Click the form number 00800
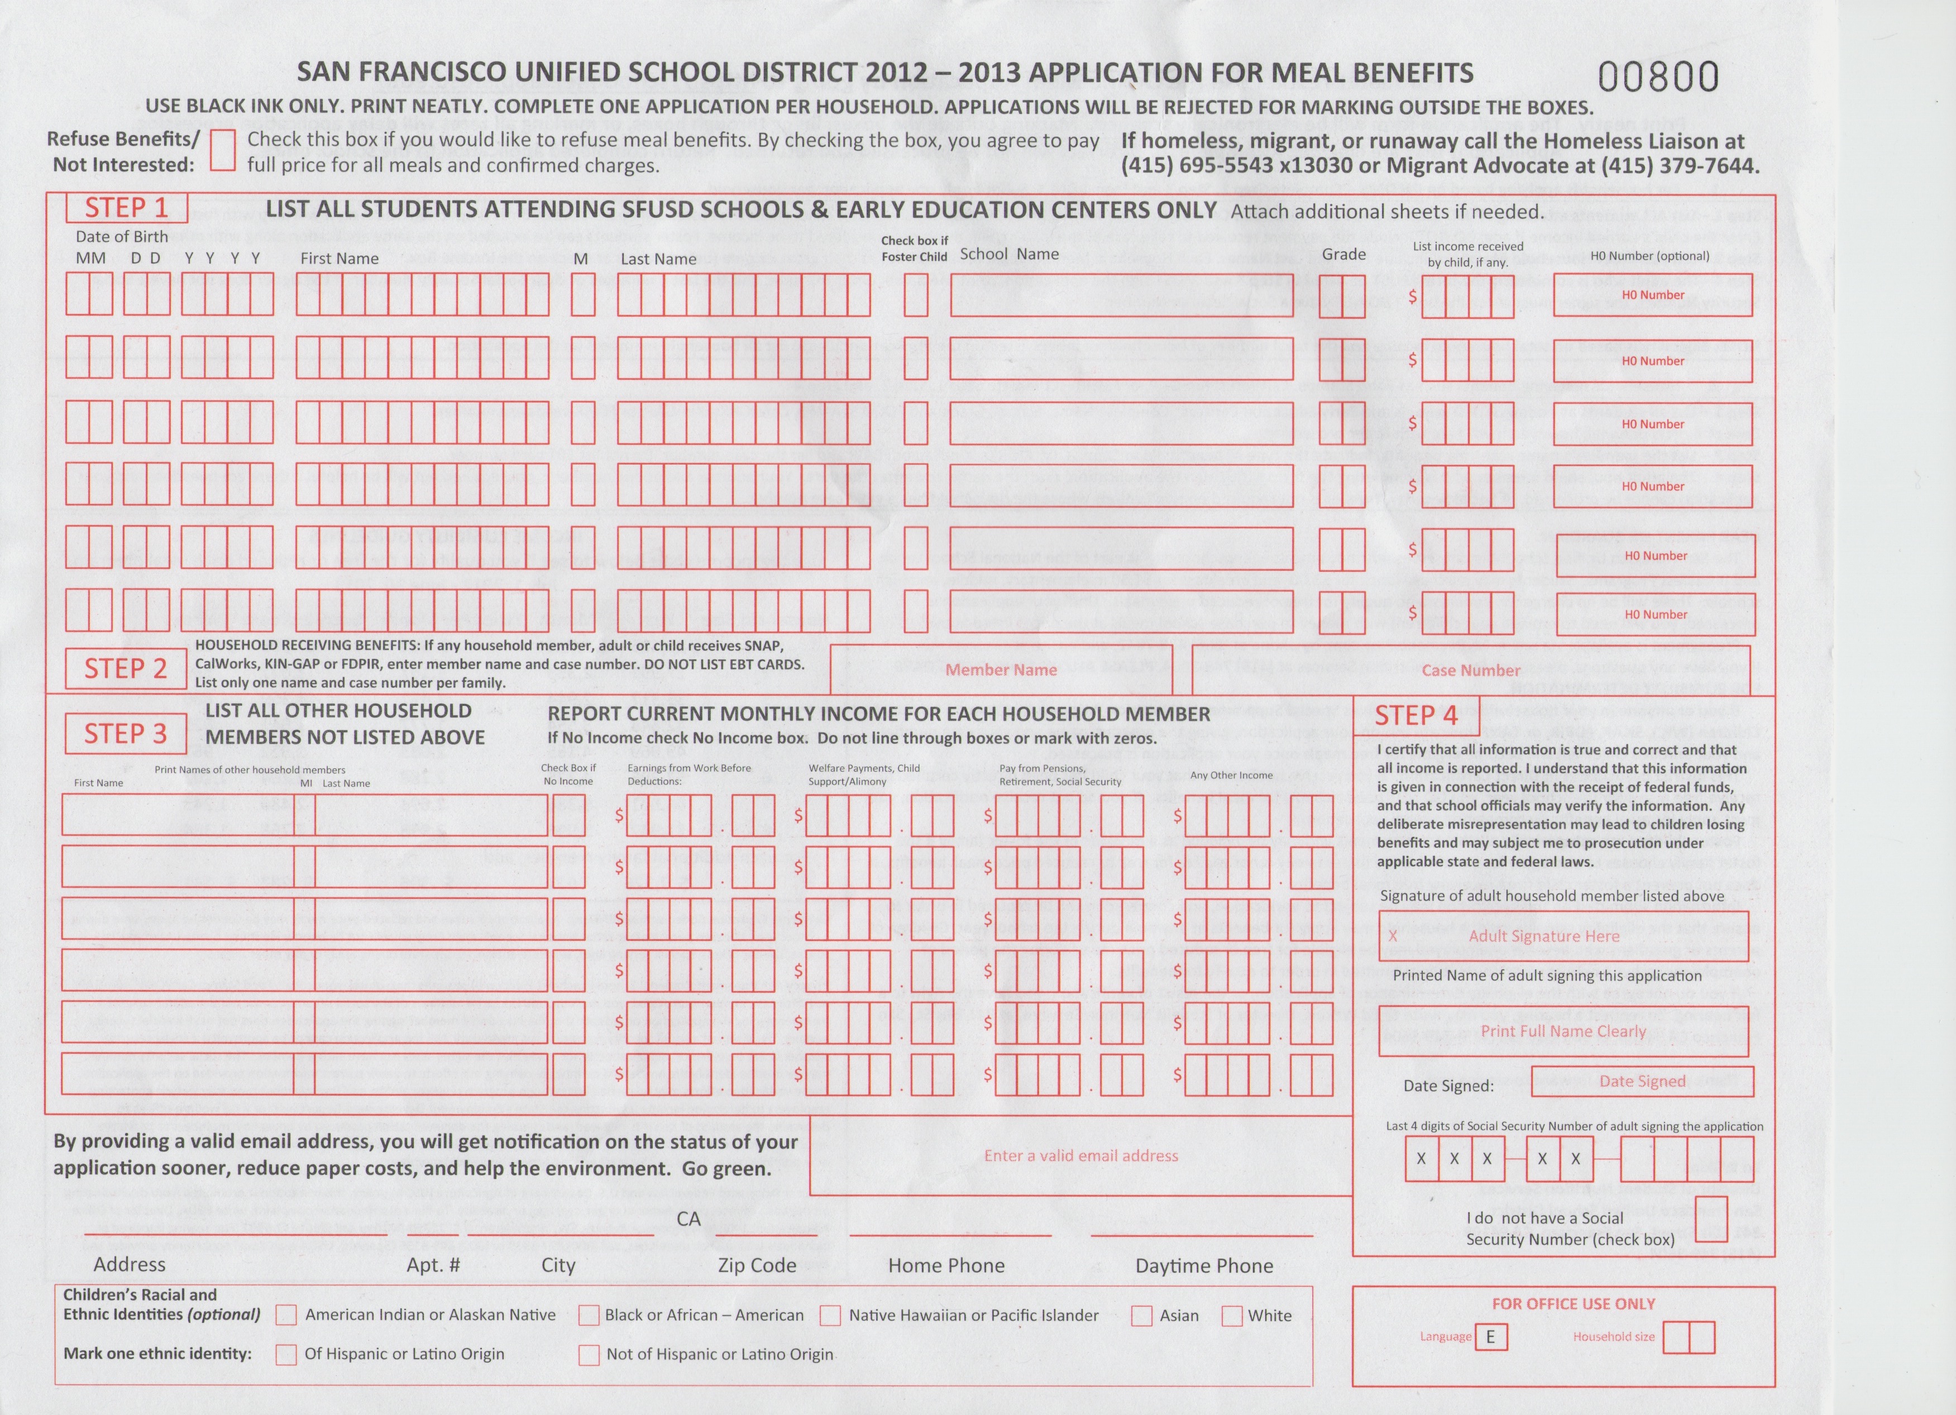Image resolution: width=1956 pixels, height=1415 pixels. click(1658, 77)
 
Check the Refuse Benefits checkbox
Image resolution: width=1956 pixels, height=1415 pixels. click(222, 150)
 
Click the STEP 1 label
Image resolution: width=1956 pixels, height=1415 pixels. click(126, 208)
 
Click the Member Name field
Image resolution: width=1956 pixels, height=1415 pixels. click(1001, 670)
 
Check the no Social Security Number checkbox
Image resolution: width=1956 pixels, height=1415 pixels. click(1710, 1219)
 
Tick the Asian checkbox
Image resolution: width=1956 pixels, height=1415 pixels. click(1142, 1316)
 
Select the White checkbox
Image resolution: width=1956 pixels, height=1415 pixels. click(1232, 1316)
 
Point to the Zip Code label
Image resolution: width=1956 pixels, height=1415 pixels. click(757, 1265)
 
